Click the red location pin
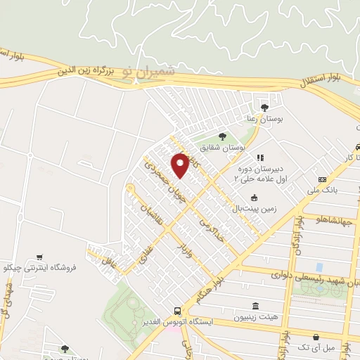click(x=181, y=165)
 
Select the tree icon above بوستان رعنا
click(x=264, y=108)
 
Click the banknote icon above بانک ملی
click(x=323, y=179)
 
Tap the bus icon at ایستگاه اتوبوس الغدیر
click(x=177, y=311)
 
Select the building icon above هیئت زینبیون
click(x=255, y=307)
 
